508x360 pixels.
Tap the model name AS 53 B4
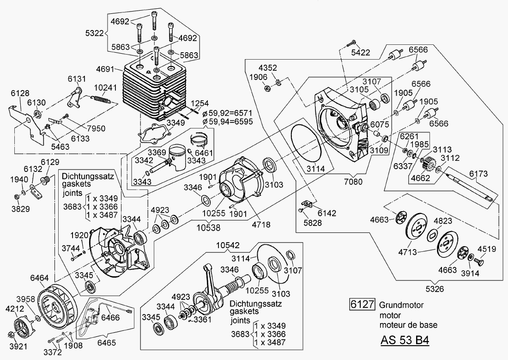pyautogui.click(x=405, y=340)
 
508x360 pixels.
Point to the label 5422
pyautogui.click(x=360, y=53)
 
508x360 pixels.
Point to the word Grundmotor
pyautogui.click(x=401, y=305)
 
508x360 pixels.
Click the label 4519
pyautogui.click(x=487, y=250)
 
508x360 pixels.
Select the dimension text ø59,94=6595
pyautogui.click(x=227, y=122)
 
